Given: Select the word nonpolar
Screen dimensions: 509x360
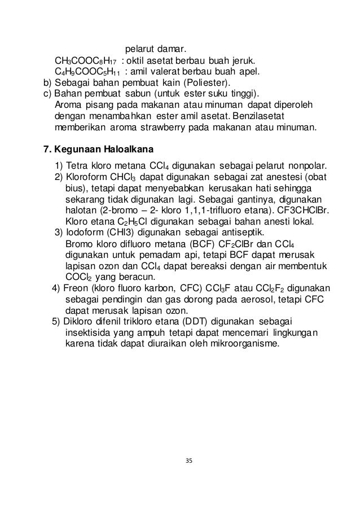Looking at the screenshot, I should coord(308,166).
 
